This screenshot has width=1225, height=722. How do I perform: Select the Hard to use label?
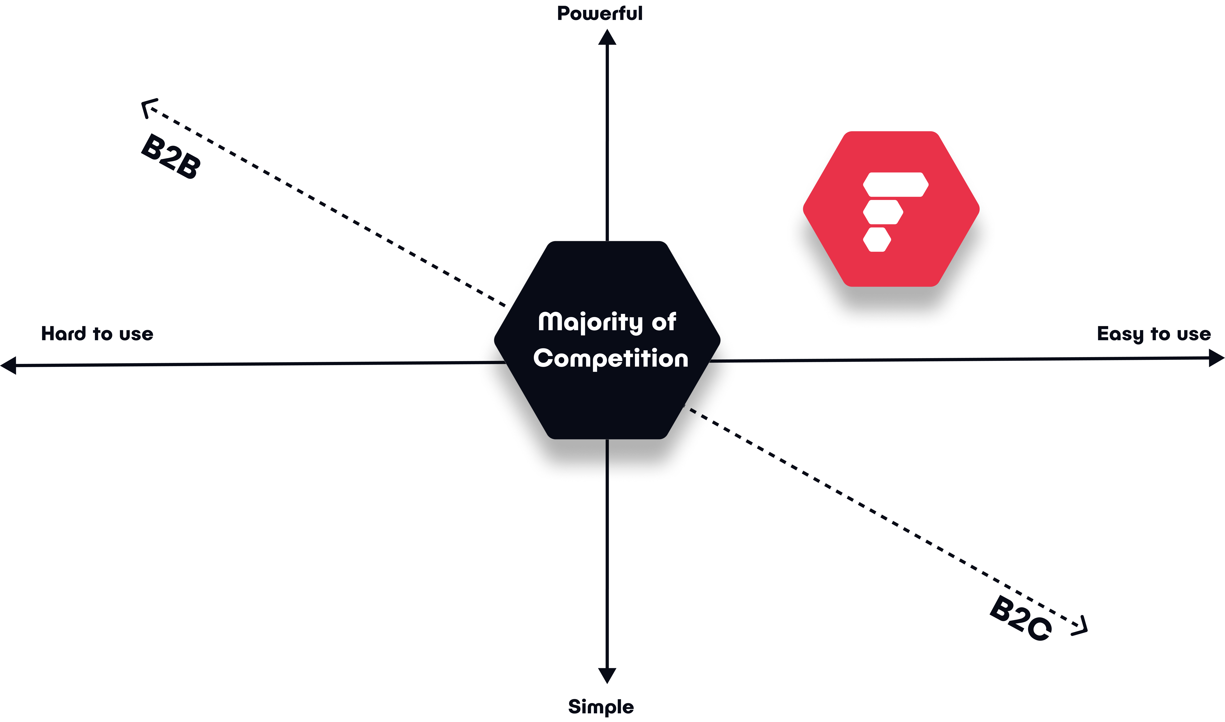97,334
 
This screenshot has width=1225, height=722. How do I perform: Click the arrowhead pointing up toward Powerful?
607,37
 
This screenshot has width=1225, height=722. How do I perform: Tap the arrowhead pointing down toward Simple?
607,676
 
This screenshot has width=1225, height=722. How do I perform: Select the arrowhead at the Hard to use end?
8,365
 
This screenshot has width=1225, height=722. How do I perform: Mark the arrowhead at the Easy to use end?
1217,358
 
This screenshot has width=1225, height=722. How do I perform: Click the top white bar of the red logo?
896,184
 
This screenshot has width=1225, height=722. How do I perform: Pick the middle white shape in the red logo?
883,212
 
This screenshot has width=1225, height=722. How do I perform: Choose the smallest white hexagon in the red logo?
877,239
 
